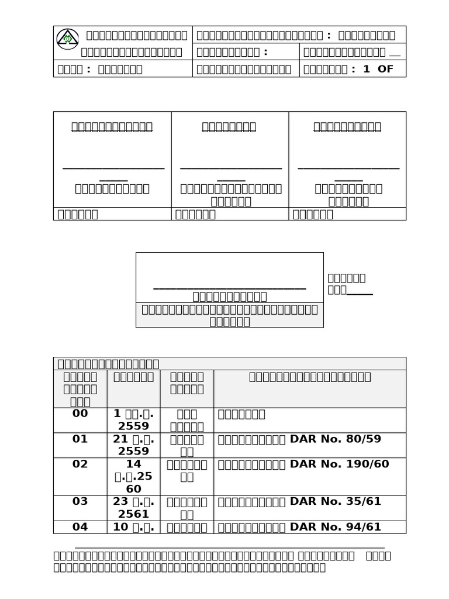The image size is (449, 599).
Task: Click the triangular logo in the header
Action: point(67,39)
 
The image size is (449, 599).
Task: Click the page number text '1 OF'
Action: point(378,69)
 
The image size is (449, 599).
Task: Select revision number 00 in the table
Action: point(80,414)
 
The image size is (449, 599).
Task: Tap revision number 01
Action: point(80,439)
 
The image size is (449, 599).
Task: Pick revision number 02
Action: point(80,464)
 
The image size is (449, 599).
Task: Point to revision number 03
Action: point(80,502)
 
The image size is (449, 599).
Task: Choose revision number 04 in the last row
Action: point(80,527)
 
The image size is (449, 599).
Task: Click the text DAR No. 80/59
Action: point(336,439)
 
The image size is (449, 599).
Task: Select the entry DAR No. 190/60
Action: point(339,464)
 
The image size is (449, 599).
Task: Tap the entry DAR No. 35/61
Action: point(336,502)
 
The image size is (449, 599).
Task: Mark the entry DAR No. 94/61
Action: point(336,527)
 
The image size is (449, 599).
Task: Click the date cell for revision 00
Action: point(133,420)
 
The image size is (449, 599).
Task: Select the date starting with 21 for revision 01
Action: point(133,445)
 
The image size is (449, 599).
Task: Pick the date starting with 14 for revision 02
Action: point(133,477)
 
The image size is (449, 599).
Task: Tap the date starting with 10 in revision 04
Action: point(133,527)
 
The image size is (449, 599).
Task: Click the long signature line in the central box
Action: point(229,288)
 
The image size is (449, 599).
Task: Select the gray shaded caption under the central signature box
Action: point(229,315)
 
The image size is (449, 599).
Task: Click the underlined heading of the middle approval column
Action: point(229,127)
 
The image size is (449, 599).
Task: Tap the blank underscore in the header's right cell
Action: point(395,53)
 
